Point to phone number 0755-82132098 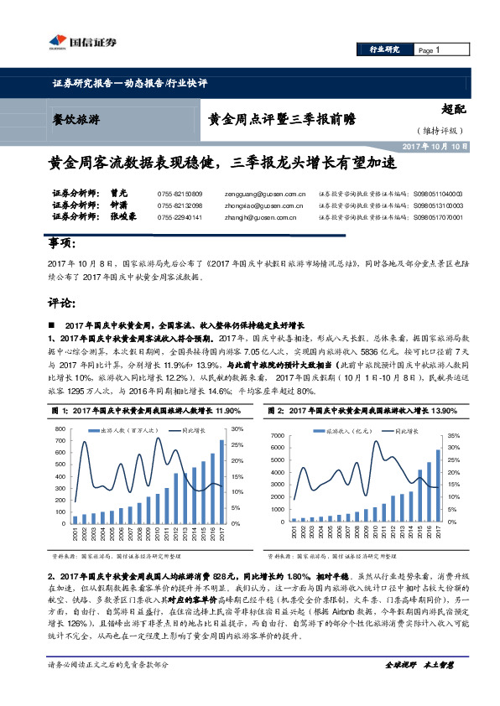(180, 205)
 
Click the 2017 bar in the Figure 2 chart (437, 485)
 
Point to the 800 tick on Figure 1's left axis (59, 428)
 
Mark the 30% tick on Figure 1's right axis (237, 428)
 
